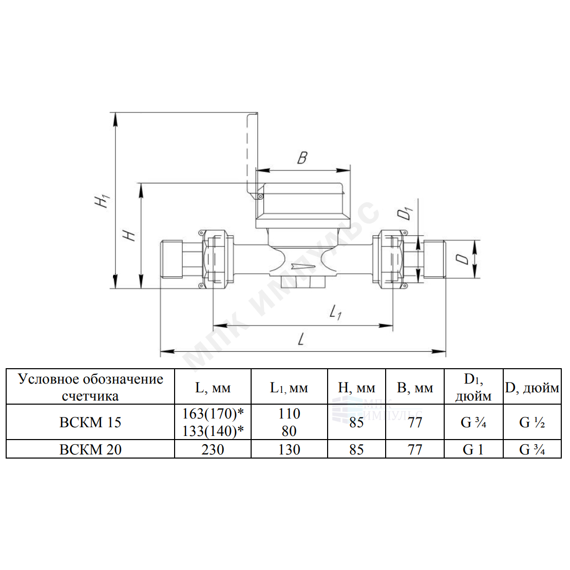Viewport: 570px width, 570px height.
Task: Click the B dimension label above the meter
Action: [302, 158]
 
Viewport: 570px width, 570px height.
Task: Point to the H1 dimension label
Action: [102, 201]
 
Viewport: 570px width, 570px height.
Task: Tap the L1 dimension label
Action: [335, 312]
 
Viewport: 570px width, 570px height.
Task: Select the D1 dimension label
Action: [406, 213]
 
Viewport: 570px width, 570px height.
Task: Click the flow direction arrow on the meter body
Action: [302, 267]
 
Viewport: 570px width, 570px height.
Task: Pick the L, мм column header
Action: [213, 388]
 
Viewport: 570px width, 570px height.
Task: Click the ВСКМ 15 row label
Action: [90, 423]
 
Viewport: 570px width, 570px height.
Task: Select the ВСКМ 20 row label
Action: [90, 450]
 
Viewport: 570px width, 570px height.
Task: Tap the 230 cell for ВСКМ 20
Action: [213, 450]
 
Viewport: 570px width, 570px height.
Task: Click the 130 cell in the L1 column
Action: [289, 450]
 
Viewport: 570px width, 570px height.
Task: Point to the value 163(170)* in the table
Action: [213, 414]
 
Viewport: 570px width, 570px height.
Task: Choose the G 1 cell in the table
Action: [473, 450]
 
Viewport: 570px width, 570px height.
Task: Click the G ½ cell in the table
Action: [532, 423]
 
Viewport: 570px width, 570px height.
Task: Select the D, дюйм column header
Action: [532, 388]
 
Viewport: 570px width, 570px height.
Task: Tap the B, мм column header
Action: [415, 388]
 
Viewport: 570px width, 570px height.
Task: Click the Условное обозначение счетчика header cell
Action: [90, 387]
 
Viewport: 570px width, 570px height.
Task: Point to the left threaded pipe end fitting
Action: [171, 259]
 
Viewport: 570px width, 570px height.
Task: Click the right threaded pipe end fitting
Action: [434, 259]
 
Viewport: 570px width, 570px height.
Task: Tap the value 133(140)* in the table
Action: [213, 431]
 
